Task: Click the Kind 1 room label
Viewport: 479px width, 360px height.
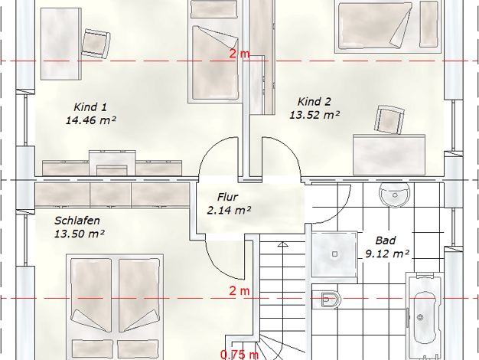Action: (90, 107)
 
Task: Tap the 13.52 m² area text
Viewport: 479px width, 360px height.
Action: (314, 115)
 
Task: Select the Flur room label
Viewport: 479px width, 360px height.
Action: (227, 197)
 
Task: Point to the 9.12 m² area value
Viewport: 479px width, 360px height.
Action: (387, 254)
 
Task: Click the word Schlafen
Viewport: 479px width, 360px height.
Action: (77, 221)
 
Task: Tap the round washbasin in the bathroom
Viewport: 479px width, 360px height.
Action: (395, 195)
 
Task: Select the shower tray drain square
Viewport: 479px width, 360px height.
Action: (335, 254)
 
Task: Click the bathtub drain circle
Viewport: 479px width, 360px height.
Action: (420, 317)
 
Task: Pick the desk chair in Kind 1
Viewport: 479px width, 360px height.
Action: (96, 44)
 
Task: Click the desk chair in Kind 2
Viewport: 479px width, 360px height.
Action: (389, 119)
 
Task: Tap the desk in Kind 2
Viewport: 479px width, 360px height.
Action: (389, 155)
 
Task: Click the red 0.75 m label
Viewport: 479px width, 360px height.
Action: (239, 355)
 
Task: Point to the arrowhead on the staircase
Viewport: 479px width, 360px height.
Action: (283, 244)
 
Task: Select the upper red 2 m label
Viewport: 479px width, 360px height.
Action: (239, 54)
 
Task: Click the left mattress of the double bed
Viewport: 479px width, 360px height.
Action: (91, 295)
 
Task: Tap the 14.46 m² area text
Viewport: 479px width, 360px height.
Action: (91, 120)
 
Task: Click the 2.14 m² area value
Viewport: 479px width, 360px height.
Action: (229, 211)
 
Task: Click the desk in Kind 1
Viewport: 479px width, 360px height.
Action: (61, 44)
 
